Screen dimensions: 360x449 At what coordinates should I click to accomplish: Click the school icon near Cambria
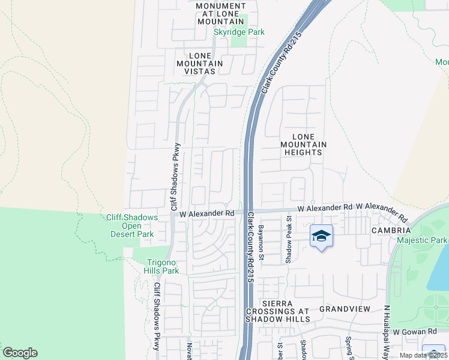click(322, 236)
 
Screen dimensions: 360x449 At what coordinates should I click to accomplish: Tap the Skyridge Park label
click(240, 32)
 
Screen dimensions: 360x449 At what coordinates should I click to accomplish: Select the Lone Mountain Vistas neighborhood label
click(199, 63)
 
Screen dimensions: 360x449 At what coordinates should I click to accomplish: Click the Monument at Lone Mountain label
click(221, 13)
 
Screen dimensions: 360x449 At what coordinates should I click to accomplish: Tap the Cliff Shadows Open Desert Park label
click(131, 226)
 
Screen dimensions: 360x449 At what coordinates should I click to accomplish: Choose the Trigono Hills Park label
click(155, 266)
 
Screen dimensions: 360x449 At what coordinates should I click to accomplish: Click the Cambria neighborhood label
click(391, 230)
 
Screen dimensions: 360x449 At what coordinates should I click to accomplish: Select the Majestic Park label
click(422, 240)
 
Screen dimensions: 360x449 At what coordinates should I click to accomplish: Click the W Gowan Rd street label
click(414, 332)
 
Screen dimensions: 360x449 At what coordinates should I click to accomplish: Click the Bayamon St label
click(261, 242)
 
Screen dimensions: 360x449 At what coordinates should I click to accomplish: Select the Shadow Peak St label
click(288, 240)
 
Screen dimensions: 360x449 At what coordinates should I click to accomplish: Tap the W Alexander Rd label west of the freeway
click(206, 213)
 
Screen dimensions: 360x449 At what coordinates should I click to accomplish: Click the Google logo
click(20, 353)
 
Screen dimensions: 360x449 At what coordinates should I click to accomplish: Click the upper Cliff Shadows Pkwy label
click(173, 173)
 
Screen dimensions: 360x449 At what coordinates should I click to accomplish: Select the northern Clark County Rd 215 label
click(280, 63)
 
